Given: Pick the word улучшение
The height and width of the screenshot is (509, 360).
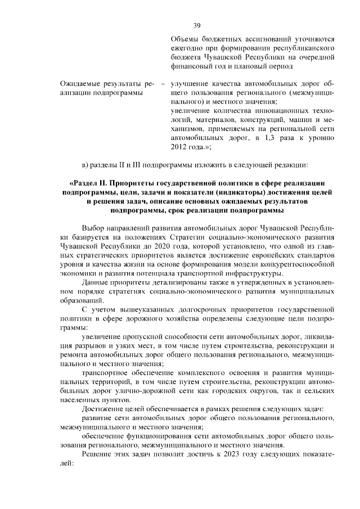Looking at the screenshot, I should pos(190,84).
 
